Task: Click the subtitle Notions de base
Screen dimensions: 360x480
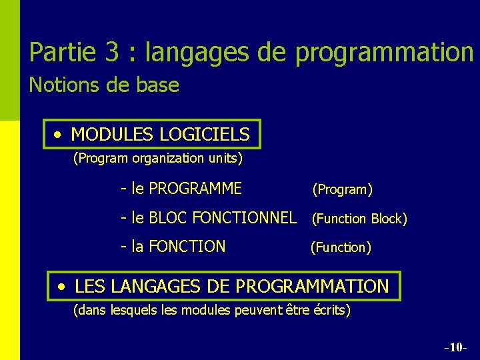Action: (104, 85)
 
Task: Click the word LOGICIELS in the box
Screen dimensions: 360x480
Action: (205, 135)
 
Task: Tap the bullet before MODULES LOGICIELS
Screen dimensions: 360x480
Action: (59, 135)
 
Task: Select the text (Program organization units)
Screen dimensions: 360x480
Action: (157, 159)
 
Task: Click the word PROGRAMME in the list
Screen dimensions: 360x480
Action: (195, 189)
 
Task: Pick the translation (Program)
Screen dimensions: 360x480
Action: (342, 189)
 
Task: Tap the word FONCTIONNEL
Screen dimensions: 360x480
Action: (244, 217)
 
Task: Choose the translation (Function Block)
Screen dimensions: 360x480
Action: (359, 219)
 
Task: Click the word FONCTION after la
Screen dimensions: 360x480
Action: (187, 247)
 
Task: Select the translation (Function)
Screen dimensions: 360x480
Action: (341, 247)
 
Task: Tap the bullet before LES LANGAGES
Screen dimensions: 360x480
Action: (62, 287)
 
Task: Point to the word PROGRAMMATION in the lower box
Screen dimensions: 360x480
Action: (312, 287)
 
